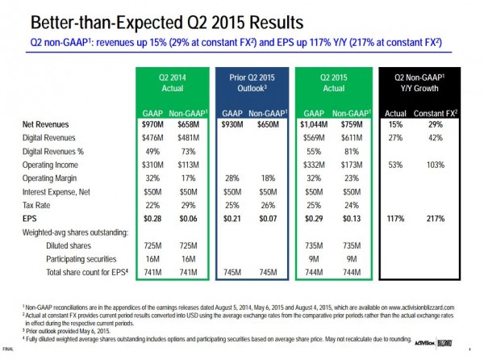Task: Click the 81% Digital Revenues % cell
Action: tap(349, 151)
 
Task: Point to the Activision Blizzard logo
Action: tap(440, 348)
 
